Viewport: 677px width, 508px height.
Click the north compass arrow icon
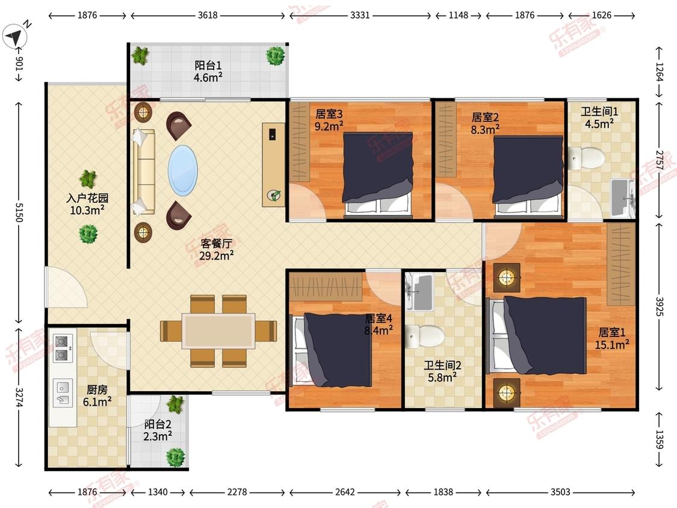coord(14,37)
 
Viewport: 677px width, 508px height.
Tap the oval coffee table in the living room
coord(182,170)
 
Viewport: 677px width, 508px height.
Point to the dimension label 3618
coord(208,15)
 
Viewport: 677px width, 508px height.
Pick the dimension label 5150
coord(19,212)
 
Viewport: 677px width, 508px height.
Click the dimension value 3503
coord(560,492)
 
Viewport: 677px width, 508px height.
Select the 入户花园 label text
coord(87,198)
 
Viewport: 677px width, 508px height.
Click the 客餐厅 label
coord(216,244)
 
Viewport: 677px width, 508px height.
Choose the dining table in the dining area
coord(218,331)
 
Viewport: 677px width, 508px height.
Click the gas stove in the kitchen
coord(62,348)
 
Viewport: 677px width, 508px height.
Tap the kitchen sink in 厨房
coord(63,393)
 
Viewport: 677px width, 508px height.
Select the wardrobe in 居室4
coord(326,287)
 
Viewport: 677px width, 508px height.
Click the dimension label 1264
coord(660,72)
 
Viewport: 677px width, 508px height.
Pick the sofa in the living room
coord(143,172)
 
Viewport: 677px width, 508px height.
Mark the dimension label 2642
coord(345,492)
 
